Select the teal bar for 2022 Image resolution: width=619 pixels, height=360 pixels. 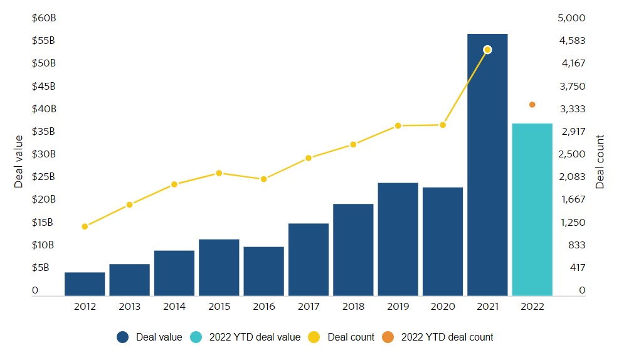coord(532,209)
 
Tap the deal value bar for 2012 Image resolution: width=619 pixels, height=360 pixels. coord(85,283)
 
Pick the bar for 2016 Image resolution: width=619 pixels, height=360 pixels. coord(263,271)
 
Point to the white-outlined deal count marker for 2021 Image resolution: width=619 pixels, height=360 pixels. coord(487,50)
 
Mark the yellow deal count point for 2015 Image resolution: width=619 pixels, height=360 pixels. coord(219,173)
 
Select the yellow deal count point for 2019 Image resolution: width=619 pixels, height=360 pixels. coord(398,126)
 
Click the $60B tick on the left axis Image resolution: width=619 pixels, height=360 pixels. coord(44,18)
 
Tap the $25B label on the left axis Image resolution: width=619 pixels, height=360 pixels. coord(44,177)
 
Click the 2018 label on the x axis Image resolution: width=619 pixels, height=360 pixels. coord(353,307)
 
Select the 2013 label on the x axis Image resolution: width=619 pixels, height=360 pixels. coord(129,307)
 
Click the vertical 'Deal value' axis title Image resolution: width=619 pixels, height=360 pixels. coord(19,161)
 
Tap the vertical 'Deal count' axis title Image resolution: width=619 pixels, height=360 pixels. coord(600,161)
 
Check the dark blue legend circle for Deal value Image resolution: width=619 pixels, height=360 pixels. coord(123,337)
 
